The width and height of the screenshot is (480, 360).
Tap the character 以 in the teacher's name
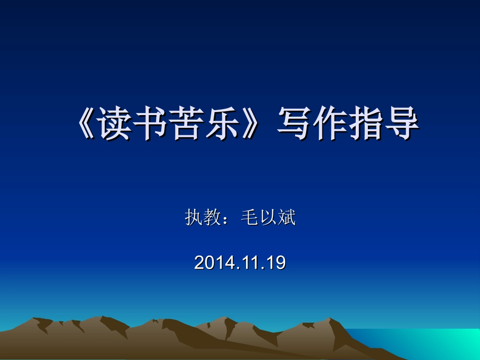(268, 218)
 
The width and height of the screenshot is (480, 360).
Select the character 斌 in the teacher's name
(286, 218)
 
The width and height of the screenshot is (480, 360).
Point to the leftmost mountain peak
(35, 320)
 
